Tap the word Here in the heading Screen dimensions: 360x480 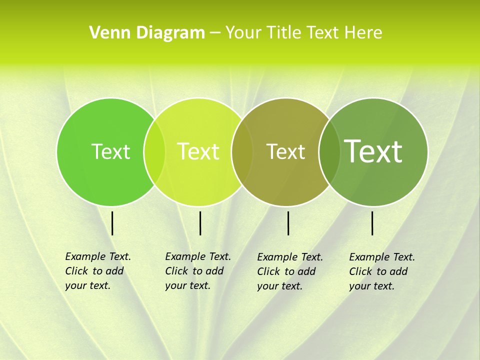[364, 33]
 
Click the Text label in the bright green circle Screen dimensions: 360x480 [110, 151]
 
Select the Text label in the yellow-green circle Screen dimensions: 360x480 [198, 151]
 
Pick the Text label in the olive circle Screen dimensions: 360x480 [285, 151]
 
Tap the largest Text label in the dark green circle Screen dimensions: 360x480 [373, 151]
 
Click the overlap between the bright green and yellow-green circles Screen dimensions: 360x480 [154, 151]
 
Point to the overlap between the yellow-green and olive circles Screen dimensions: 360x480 [242, 151]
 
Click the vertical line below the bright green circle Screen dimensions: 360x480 [112, 223]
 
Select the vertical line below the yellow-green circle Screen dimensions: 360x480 [200, 223]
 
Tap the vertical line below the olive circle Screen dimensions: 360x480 [288, 223]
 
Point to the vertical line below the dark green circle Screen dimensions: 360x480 [372, 223]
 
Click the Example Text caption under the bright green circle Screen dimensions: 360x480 [97, 271]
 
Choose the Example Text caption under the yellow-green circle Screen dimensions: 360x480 [197, 271]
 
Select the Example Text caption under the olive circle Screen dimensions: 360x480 [289, 271]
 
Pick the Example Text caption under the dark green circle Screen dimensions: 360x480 [381, 271]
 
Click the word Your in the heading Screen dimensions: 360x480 [243, 33]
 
